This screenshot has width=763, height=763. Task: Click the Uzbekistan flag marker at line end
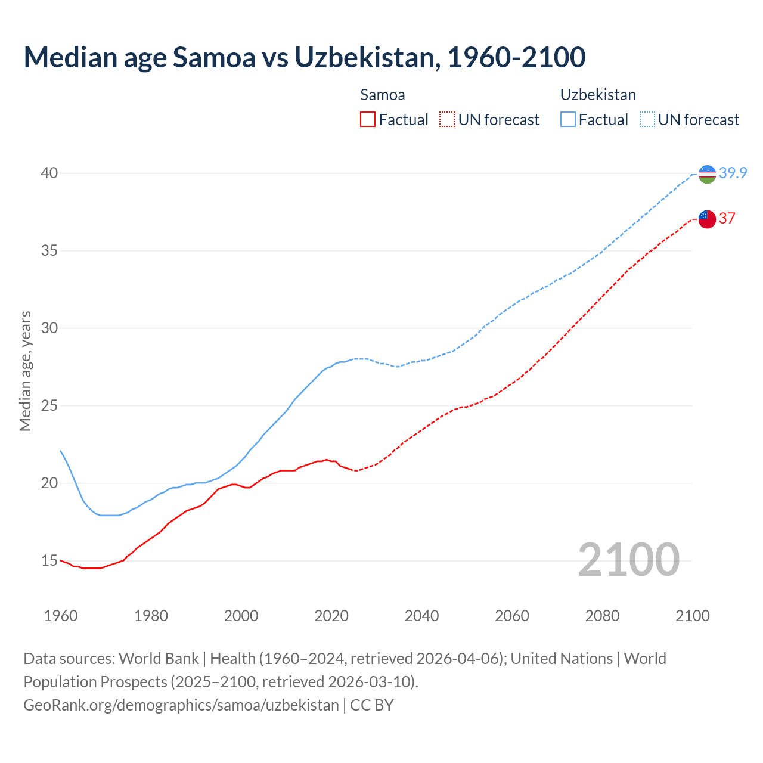pyautogui.click(x=707, y=174)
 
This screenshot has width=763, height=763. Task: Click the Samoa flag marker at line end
pyautogui.click(x=707, y=219)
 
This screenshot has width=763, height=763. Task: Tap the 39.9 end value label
pyautogui.click(x=733, y=173)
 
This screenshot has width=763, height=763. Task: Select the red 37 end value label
pyautogui.click(x=727, y=218)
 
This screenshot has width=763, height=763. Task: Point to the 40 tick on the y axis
pyautogui.click(x=49, y=173)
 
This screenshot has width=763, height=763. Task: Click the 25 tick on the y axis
pyautogui.click(x=49, y=405)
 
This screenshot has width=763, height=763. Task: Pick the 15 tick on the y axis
pyautogui.click(x=49, y=560)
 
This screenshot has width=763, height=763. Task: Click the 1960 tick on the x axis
pyautogui.click(x=61, y=616)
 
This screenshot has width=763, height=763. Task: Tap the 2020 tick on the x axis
pyautogui.click(x=331, y=616)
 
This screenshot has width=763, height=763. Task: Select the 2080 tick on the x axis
pyautogui.click(x=602, y=616)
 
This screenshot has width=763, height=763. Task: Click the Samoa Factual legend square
pyautogui.click(x=368, y=120)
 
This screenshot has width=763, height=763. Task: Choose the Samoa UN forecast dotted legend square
pyautogui.click(x=447, y=120)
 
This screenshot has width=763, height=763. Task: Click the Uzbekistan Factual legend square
pyautogui.click(x=568, y=120)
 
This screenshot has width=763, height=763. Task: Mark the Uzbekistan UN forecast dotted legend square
pyautogui.click(x=647, y=120)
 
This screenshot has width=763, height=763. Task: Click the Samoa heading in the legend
pyautogui.click(x=383, y=95)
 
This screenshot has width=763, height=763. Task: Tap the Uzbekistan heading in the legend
pyautogui.click(x=598, y=95)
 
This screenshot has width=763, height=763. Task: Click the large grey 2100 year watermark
pyautogui.click(x=628, y=560)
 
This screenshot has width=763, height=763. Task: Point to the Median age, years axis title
pyautogui.click(x=25, y=371)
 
